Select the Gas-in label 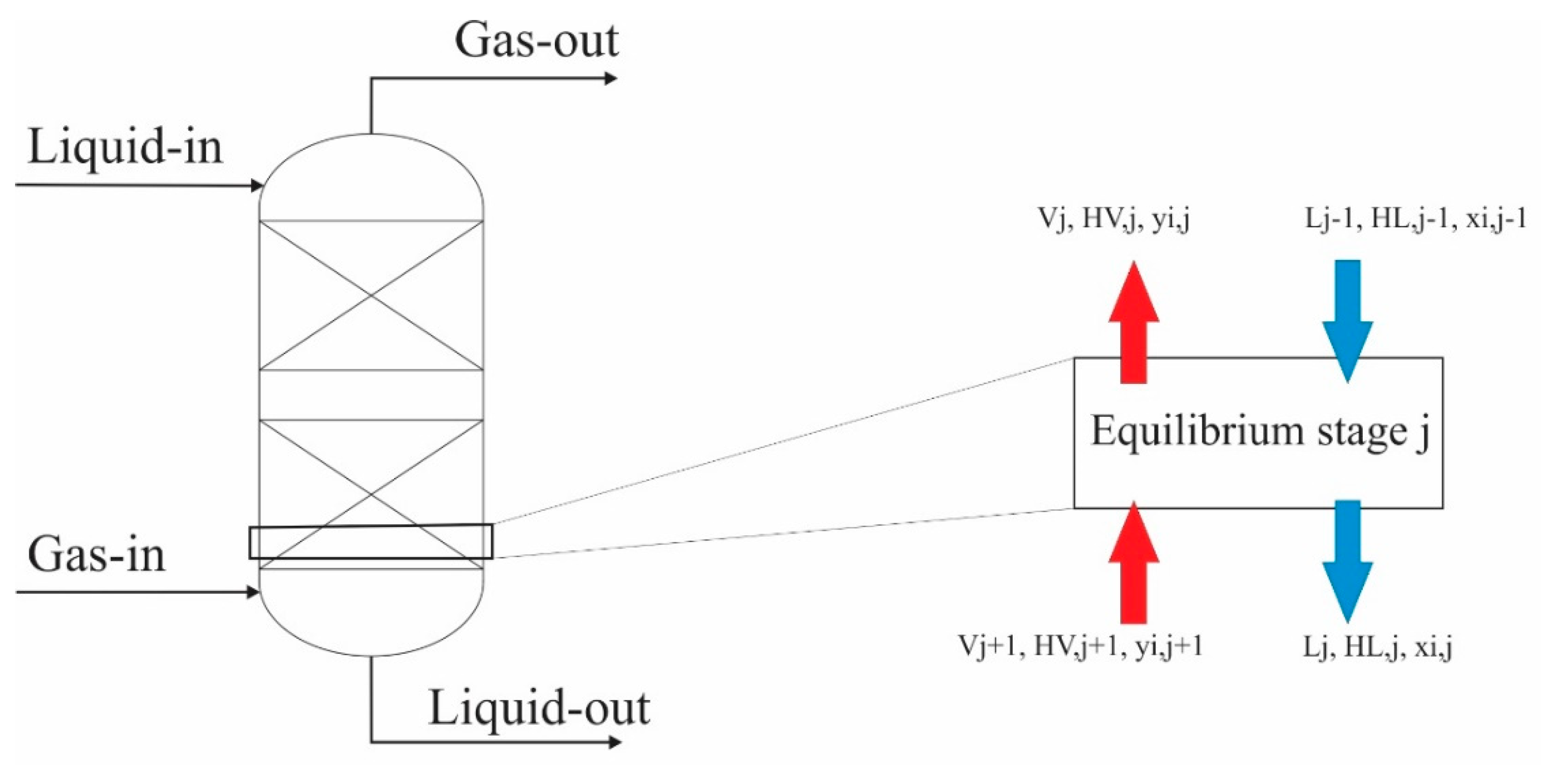pyautogui.click(x=96, y=556)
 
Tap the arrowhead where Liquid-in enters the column pyautogui.click(x=257, y=185)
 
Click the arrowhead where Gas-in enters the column pyautogui.click(x=253, y=593)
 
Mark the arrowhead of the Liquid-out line pyautogui.click(x=612, y=743)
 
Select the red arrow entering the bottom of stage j pyautogui.click(x=1134, y=562)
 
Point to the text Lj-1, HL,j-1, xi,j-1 pyautogui.click(x=1415, y=219)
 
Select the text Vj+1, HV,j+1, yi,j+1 pyautogui.click(x=1080, y=646)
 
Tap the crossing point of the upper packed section pyautogui.click(x=371, y=295)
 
